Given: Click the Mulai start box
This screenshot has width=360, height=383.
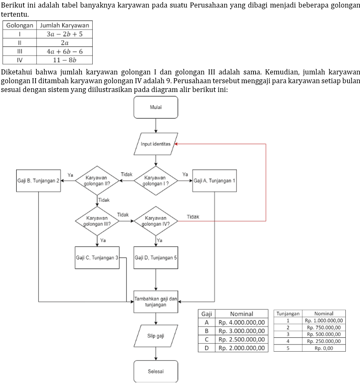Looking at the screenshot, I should pos(156,107).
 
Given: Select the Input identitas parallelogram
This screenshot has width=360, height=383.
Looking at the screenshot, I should pos(156,144).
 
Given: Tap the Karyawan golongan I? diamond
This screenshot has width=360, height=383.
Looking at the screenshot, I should pos(156,181).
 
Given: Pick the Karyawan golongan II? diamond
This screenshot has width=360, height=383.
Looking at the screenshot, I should pos(97,181).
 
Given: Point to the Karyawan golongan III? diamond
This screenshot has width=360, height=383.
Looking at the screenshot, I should pos(97,221).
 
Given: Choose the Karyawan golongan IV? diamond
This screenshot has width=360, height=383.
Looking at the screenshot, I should pos(156,221).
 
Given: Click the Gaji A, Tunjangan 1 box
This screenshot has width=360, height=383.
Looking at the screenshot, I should pos(215,181).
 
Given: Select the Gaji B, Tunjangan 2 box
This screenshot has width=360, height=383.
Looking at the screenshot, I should pos(38,181).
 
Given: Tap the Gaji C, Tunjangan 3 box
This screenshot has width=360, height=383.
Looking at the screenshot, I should pos(97,258).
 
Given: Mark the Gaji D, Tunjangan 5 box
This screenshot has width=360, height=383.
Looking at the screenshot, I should pos(156,258).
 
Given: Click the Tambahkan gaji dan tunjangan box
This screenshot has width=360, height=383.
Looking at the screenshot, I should pos(156,301).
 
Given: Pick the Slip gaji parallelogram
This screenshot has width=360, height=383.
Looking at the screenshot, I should pos(156,336).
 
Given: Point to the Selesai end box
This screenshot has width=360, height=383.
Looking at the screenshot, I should pos(156,371).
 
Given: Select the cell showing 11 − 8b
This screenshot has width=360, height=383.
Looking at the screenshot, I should pos(64,60).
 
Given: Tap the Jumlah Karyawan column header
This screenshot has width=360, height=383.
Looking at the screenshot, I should pos(64,25).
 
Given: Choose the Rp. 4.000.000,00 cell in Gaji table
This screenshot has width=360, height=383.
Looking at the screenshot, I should pos(241,322).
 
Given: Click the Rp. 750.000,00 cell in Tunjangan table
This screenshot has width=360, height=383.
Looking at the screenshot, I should pos(324,327).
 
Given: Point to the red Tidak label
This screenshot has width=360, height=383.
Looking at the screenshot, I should pos(193,217).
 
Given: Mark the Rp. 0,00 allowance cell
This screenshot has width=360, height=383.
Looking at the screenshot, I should pos(324,348).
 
